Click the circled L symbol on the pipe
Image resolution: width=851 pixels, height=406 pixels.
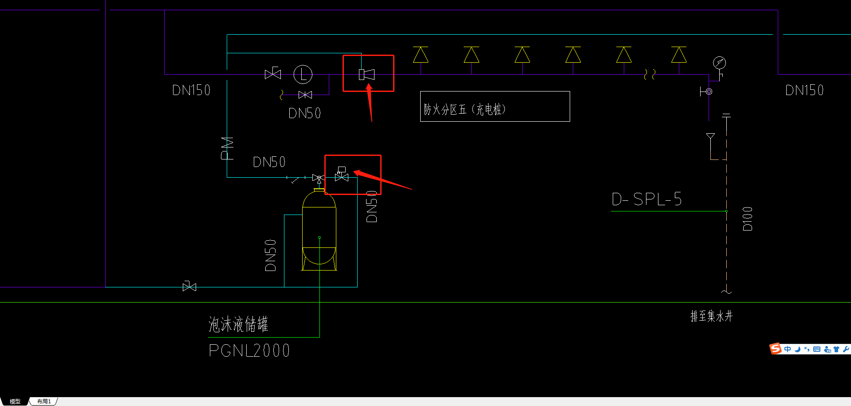tap(303, 74)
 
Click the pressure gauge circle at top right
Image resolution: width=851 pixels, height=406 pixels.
tap(719, 63)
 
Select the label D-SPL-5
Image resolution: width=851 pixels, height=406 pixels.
tap(646, 199)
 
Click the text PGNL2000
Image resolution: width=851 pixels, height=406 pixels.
tap(249, 350)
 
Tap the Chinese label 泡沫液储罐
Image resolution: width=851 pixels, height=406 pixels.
tap(238, 324)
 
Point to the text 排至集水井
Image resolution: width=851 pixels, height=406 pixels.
tap(711, 316)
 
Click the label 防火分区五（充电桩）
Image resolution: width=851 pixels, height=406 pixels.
tap(465, 109)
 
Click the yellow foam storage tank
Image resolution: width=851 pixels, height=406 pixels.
tap(319, 231)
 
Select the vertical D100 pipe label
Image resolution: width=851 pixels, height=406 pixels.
tap(748, 219)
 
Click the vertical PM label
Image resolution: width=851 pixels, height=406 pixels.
tap(227, 148)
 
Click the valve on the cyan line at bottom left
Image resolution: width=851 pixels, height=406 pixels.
tap(189, 287)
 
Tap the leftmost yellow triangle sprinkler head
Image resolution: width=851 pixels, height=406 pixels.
tap(421, 56)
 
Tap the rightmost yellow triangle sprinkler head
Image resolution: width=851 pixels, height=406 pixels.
tap(679, 56)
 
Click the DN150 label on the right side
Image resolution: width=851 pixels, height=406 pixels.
tap(804, 91)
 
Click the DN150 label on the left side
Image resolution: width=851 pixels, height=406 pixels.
tap(191, 91)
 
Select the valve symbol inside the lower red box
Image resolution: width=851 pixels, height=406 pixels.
tap(342, 175)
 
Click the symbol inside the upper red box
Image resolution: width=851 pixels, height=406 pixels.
tap(367, 75)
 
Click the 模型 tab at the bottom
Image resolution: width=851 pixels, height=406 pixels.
tap(15, 402)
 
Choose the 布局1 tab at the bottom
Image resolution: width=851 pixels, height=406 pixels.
tap(44, 402)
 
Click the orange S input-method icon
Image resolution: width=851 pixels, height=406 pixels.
tap(776, 349)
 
